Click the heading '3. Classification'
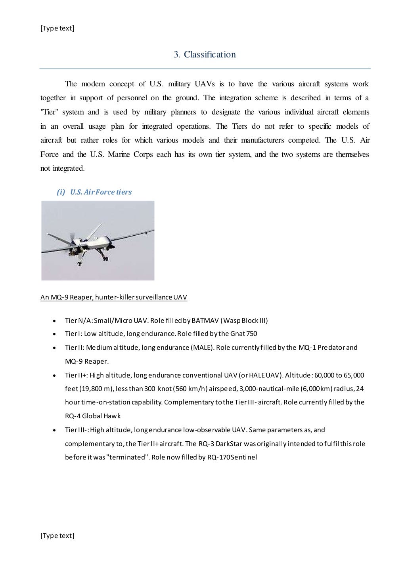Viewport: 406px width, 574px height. [205, 55]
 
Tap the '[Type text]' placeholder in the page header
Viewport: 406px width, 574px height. [57, 28]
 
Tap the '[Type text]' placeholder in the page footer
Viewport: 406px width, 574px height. [57, 536]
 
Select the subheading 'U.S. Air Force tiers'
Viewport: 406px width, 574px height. [101, 192]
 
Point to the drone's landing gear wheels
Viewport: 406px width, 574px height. [105, 258]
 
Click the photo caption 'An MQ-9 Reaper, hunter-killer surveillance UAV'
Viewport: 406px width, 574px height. [113, 297]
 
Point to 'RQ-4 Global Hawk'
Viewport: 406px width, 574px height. [93, 416]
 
